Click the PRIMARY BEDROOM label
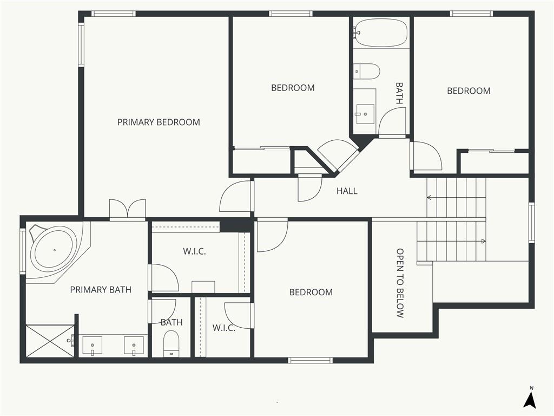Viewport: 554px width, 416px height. pyautogui.click(x=159, y=122)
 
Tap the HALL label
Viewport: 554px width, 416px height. pyautogui.click(x=347, y=191)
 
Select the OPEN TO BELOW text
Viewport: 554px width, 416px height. pyautogui.click(x=400, y=283)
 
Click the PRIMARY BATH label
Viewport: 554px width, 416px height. pyautogui.click(x=101, y=290)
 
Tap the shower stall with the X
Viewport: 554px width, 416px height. pyautogui.click(x=50, y=341)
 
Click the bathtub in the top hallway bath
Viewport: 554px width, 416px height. pyautogui.click(x=381, y=33)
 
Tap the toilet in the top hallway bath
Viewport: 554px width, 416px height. pyautogui.click(x=367, y=71)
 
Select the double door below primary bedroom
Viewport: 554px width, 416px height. pyautogui.click(x=128, y=210)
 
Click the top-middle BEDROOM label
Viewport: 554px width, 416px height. pyautogui.click(x=293, y=88)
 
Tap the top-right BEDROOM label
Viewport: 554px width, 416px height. pyautogui.click(x=469, y=91)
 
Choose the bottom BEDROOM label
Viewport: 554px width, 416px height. pyautogui.click(x=311, y=292)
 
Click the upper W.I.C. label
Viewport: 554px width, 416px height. pyautogui.click(x=194, y=251)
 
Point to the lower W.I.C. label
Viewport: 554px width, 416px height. pyautogui.click(x=223, y=328)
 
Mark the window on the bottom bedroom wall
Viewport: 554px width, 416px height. pyautogui.click(x=310, y=360)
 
